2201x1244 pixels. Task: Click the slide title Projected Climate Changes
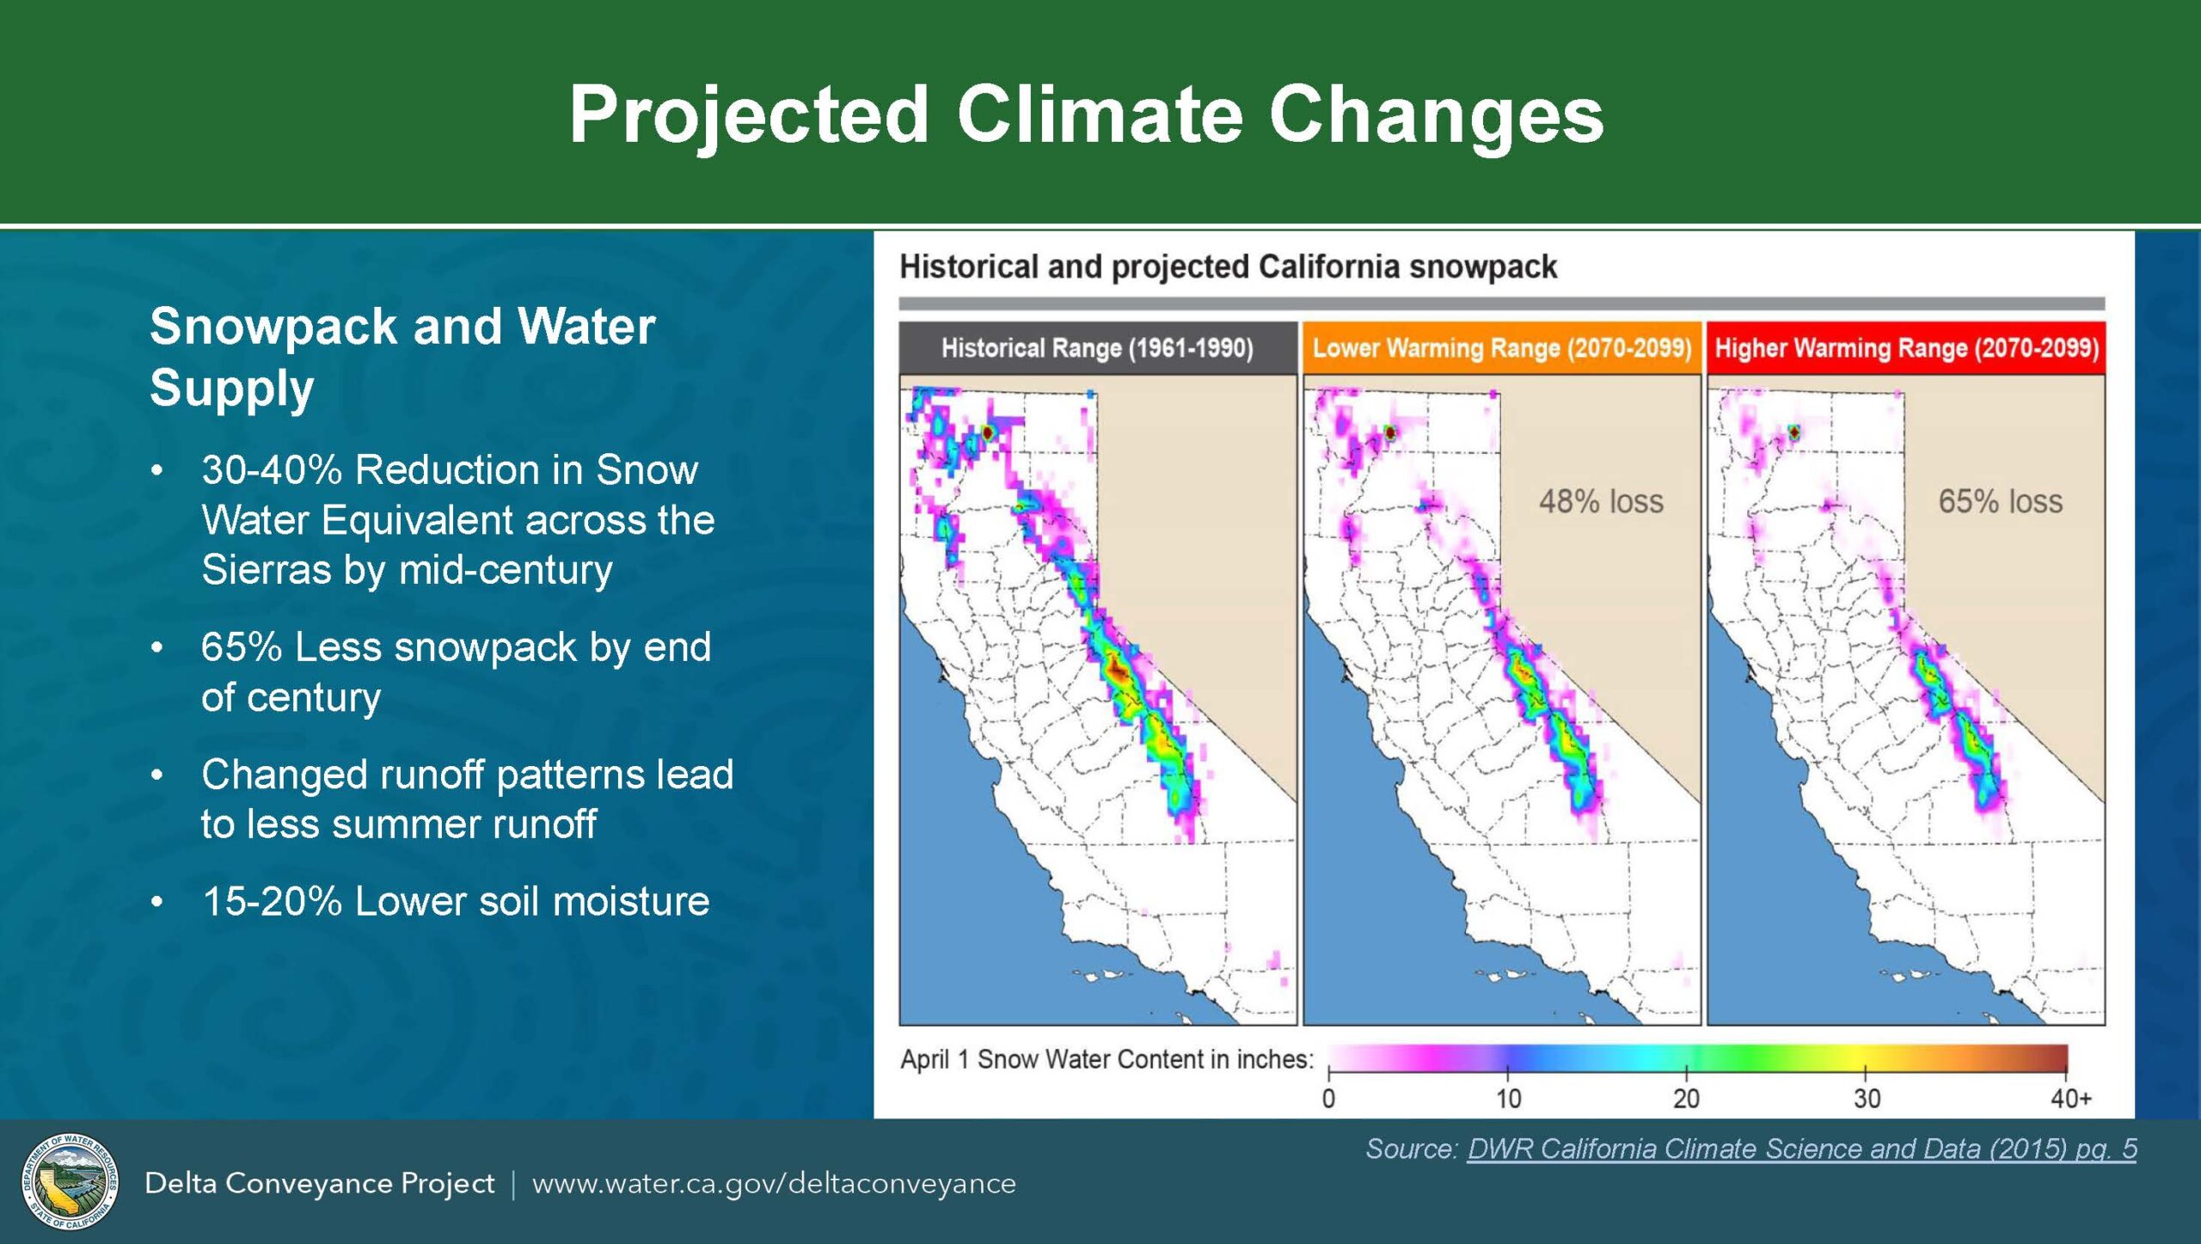1086,115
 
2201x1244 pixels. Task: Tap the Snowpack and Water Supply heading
402,356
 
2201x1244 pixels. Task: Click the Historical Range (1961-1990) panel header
1098,348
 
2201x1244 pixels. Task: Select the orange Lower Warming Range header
1501,348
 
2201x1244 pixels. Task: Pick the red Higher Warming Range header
1906,348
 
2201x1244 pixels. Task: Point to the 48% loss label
1601,501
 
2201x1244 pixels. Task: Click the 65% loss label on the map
2000,501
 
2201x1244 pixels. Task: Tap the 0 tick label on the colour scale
1328,1099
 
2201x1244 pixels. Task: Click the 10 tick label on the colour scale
1508,1099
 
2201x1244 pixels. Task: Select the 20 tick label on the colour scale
1687,1099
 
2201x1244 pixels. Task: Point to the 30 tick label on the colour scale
1867,1099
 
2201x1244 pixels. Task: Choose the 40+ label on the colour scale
2070,1099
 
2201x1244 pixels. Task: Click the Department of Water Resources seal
71,1181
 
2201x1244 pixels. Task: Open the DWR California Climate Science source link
1801,1149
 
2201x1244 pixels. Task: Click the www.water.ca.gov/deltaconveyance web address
774,1184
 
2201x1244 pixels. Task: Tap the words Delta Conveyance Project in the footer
319,1184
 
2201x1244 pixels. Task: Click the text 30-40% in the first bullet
272,470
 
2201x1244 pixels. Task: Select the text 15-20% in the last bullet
272,902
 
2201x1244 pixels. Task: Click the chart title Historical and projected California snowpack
1228,267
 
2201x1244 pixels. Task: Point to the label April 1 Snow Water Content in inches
1107,1059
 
